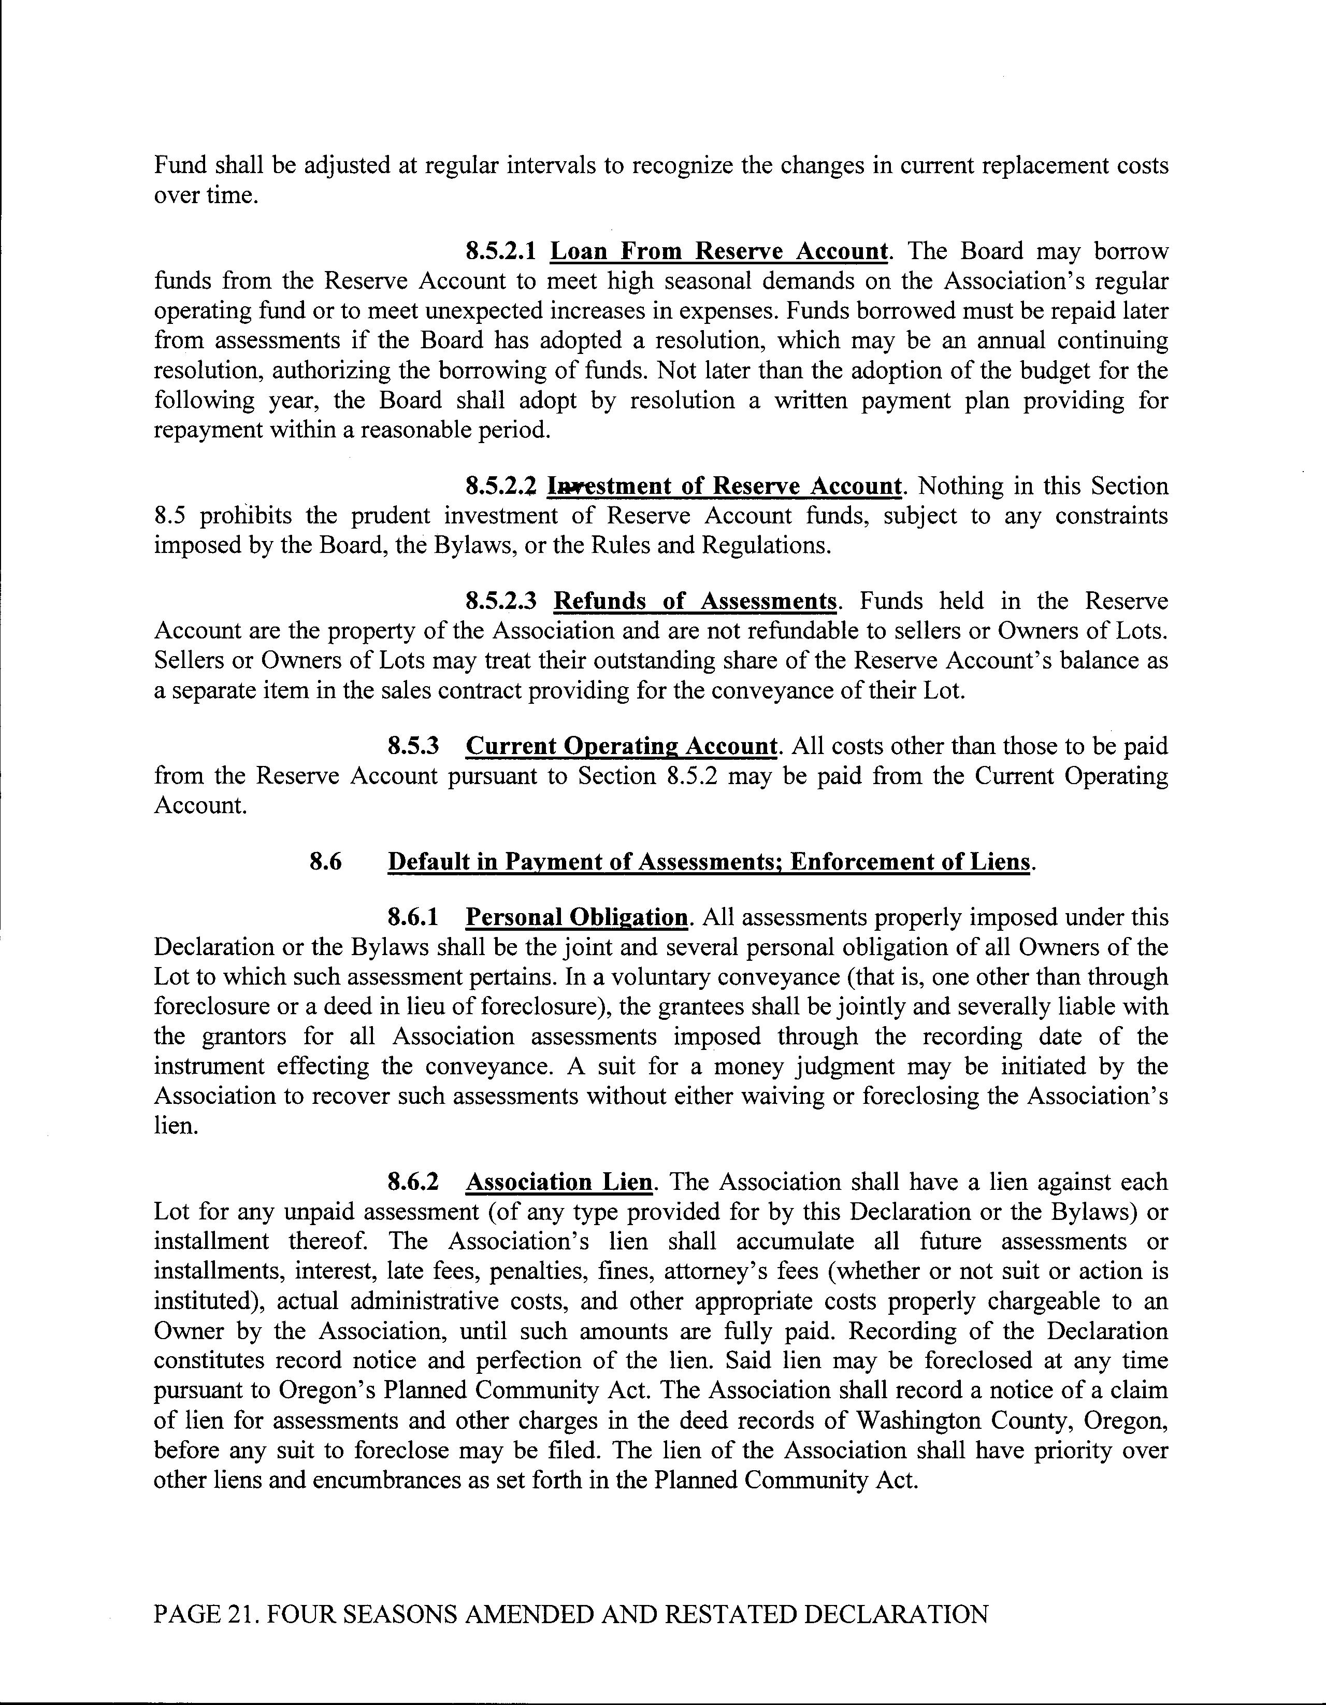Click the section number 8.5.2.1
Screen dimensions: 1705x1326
[500, 251]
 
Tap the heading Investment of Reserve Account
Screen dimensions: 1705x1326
[724, 486]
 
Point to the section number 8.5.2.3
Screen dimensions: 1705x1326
[500, 601]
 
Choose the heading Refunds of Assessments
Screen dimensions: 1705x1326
[695, 601]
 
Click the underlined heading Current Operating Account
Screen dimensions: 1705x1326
[621, 746]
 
